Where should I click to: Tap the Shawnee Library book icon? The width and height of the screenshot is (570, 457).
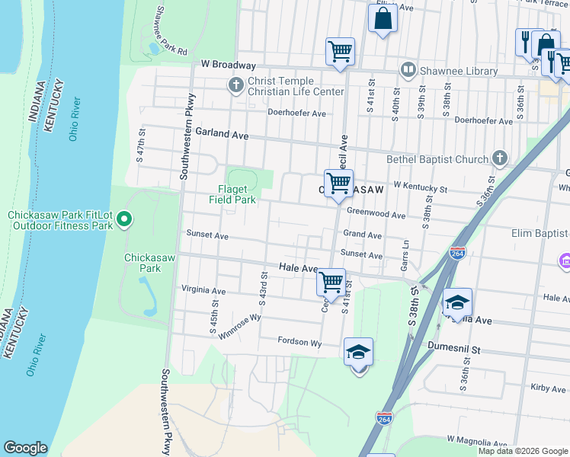[408, 71]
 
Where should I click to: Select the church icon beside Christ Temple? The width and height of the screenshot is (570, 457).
[236, 85]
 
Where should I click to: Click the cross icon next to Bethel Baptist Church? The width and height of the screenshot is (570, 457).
[499, 158]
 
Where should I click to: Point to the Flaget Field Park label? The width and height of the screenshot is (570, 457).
[232, 194]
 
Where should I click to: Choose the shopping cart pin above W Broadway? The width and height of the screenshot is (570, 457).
[340, 51]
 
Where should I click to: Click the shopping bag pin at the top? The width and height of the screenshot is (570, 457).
[383, 18]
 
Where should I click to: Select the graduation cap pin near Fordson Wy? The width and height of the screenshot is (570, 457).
[358, 352]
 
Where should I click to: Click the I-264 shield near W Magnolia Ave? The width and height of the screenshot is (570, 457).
[385, 418]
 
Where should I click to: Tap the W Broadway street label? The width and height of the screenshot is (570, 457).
[228, 66]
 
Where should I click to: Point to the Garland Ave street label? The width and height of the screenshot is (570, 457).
[223, 133]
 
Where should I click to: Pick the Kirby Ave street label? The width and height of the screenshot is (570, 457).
[548, 388]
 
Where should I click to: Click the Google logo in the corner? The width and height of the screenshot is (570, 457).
[25, 448]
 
